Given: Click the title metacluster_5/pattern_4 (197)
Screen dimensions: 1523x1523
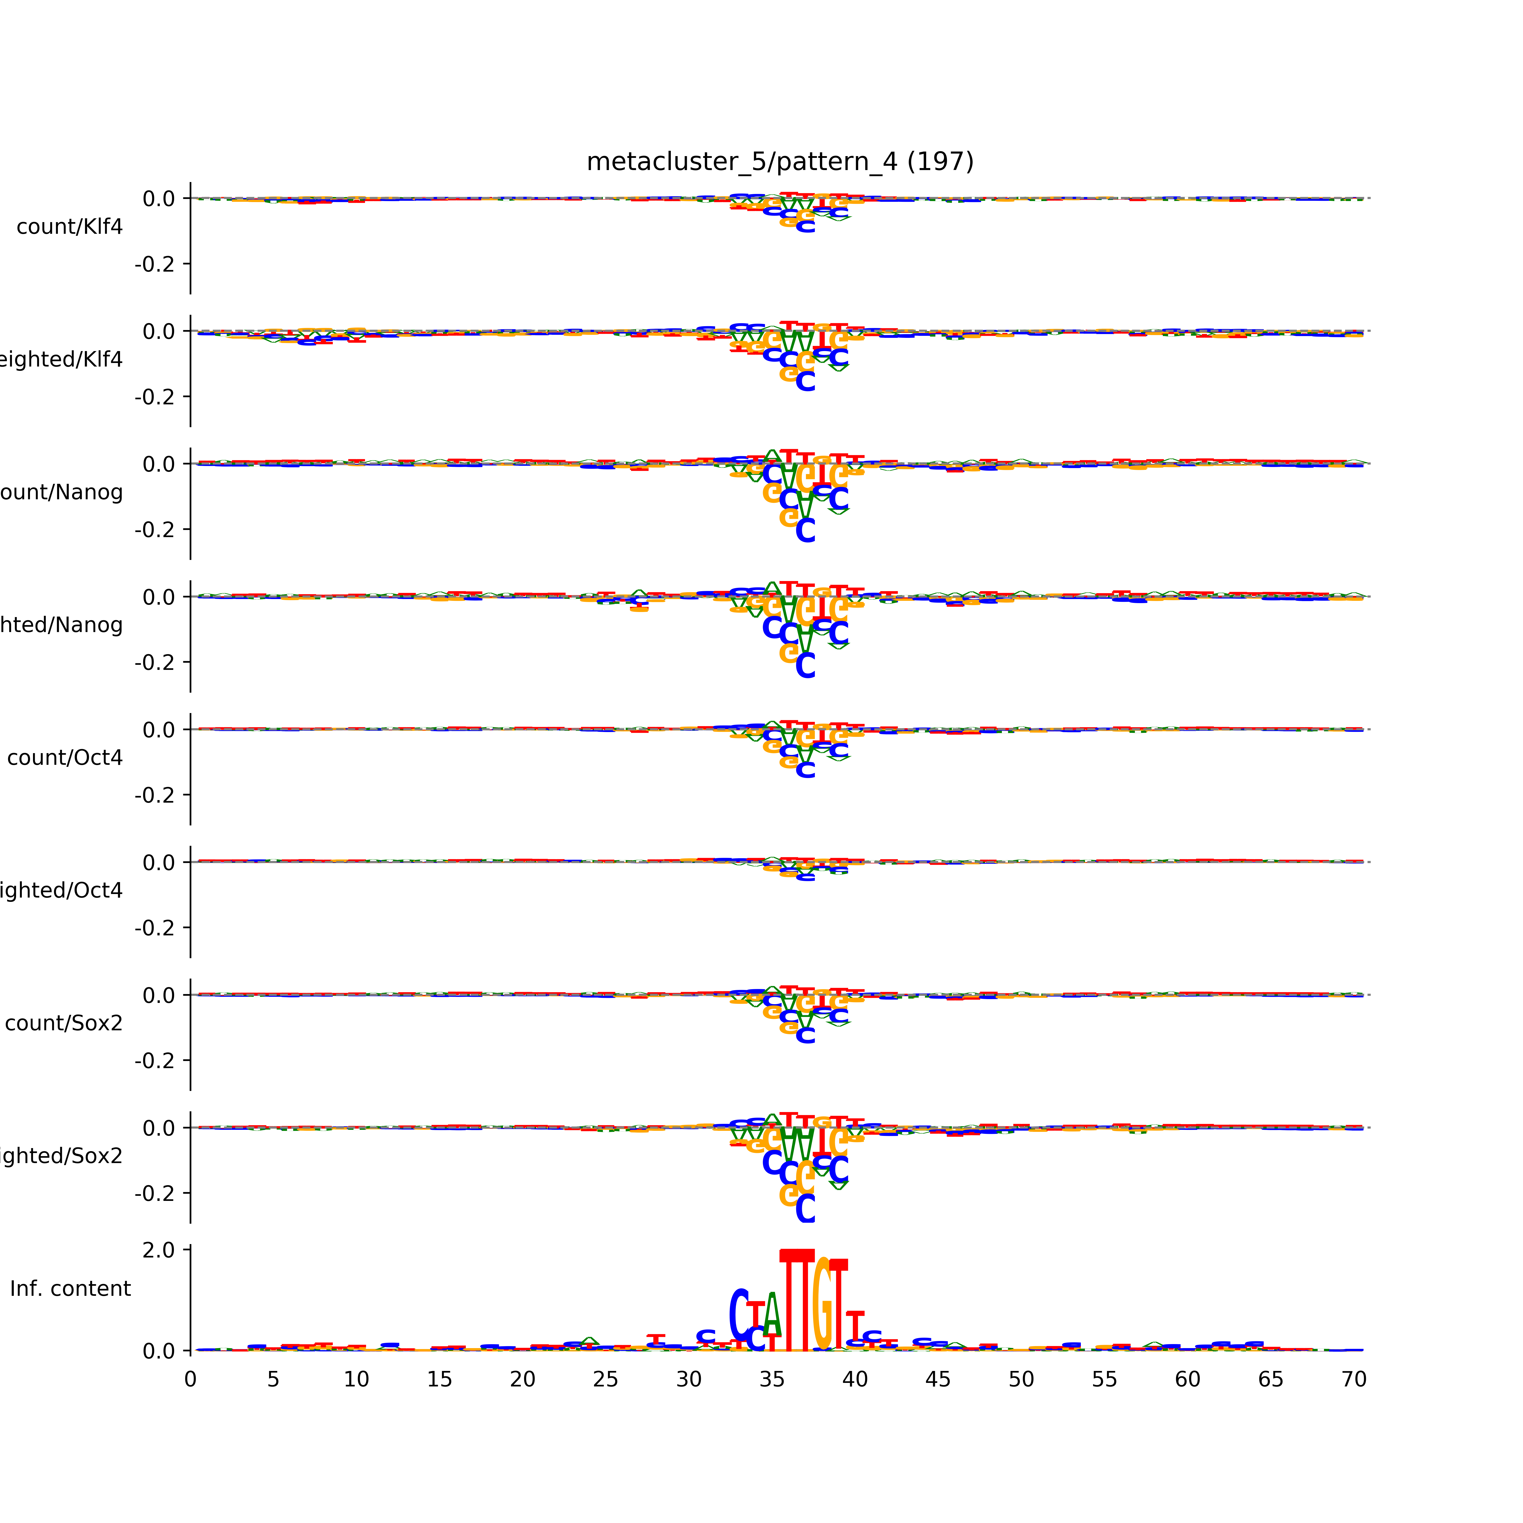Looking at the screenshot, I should (780, 162).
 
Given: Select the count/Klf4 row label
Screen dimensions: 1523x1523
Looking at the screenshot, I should (69, 227).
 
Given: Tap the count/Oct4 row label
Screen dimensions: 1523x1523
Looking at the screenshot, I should (65, 757).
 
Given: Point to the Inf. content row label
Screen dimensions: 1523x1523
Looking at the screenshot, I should (70, 1289).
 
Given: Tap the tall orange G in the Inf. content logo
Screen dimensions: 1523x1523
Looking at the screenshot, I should (822, 1305).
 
